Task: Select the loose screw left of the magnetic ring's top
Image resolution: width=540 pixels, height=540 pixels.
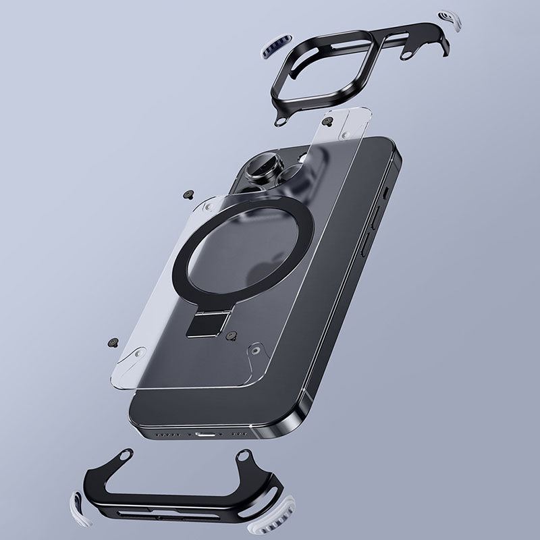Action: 186,194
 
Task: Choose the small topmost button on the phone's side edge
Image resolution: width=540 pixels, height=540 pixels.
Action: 384,192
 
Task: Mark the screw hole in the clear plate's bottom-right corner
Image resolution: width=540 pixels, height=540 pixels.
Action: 257,350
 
